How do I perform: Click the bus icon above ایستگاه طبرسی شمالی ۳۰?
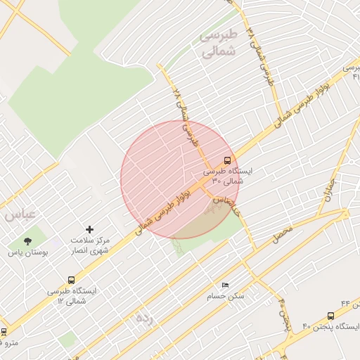click(x=226, y=160)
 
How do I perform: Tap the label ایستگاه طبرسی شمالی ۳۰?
click(x=227, y=176)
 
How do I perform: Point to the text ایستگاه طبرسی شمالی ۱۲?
click(x=73, y=295)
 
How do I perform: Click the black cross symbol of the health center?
click(x=89, y=229)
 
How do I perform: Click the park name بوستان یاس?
click(x=25, y=252)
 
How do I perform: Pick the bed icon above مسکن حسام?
click(x=225, y=285)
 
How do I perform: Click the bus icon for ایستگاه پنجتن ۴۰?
click(x=330, y=316)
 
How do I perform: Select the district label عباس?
click(x=18, y=214)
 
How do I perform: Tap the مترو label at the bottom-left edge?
click(x=8, y=343)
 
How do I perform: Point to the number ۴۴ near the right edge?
click(x=345, y=302)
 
